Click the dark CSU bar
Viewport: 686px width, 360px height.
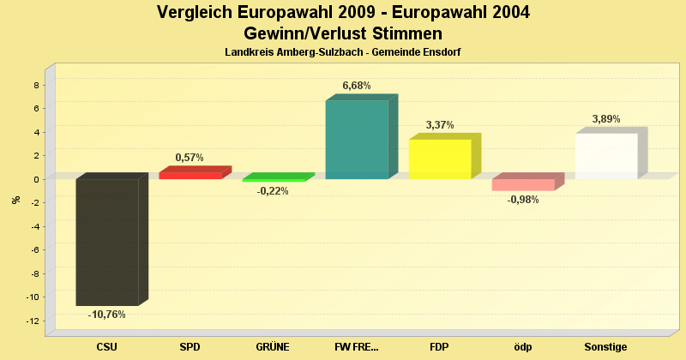click(107, 242)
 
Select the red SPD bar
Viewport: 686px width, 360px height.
click(190, 176)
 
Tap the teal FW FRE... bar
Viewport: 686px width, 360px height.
click(357, 140)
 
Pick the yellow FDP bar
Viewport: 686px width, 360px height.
click(440, 159)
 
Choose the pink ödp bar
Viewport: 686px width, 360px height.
click(523, 184)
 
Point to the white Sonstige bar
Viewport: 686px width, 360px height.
click(606, 156)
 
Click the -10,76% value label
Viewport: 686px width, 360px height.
click(107, 315)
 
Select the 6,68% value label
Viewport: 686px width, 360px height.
click(357, 86)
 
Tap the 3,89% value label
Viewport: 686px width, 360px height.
click(606, 119)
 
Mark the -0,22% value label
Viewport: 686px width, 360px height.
click(273, 191)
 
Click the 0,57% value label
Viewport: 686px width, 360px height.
click(190, 158)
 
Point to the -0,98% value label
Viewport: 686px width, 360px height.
click(523, 200)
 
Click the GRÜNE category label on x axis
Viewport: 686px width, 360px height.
click(273, 347)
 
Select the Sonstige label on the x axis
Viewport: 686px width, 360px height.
click(606, 347)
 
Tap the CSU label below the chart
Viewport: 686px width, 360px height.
click(107, 347)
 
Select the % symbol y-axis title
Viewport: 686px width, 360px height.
click(16, 200)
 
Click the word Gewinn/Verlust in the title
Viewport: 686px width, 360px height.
click(299, 33)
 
